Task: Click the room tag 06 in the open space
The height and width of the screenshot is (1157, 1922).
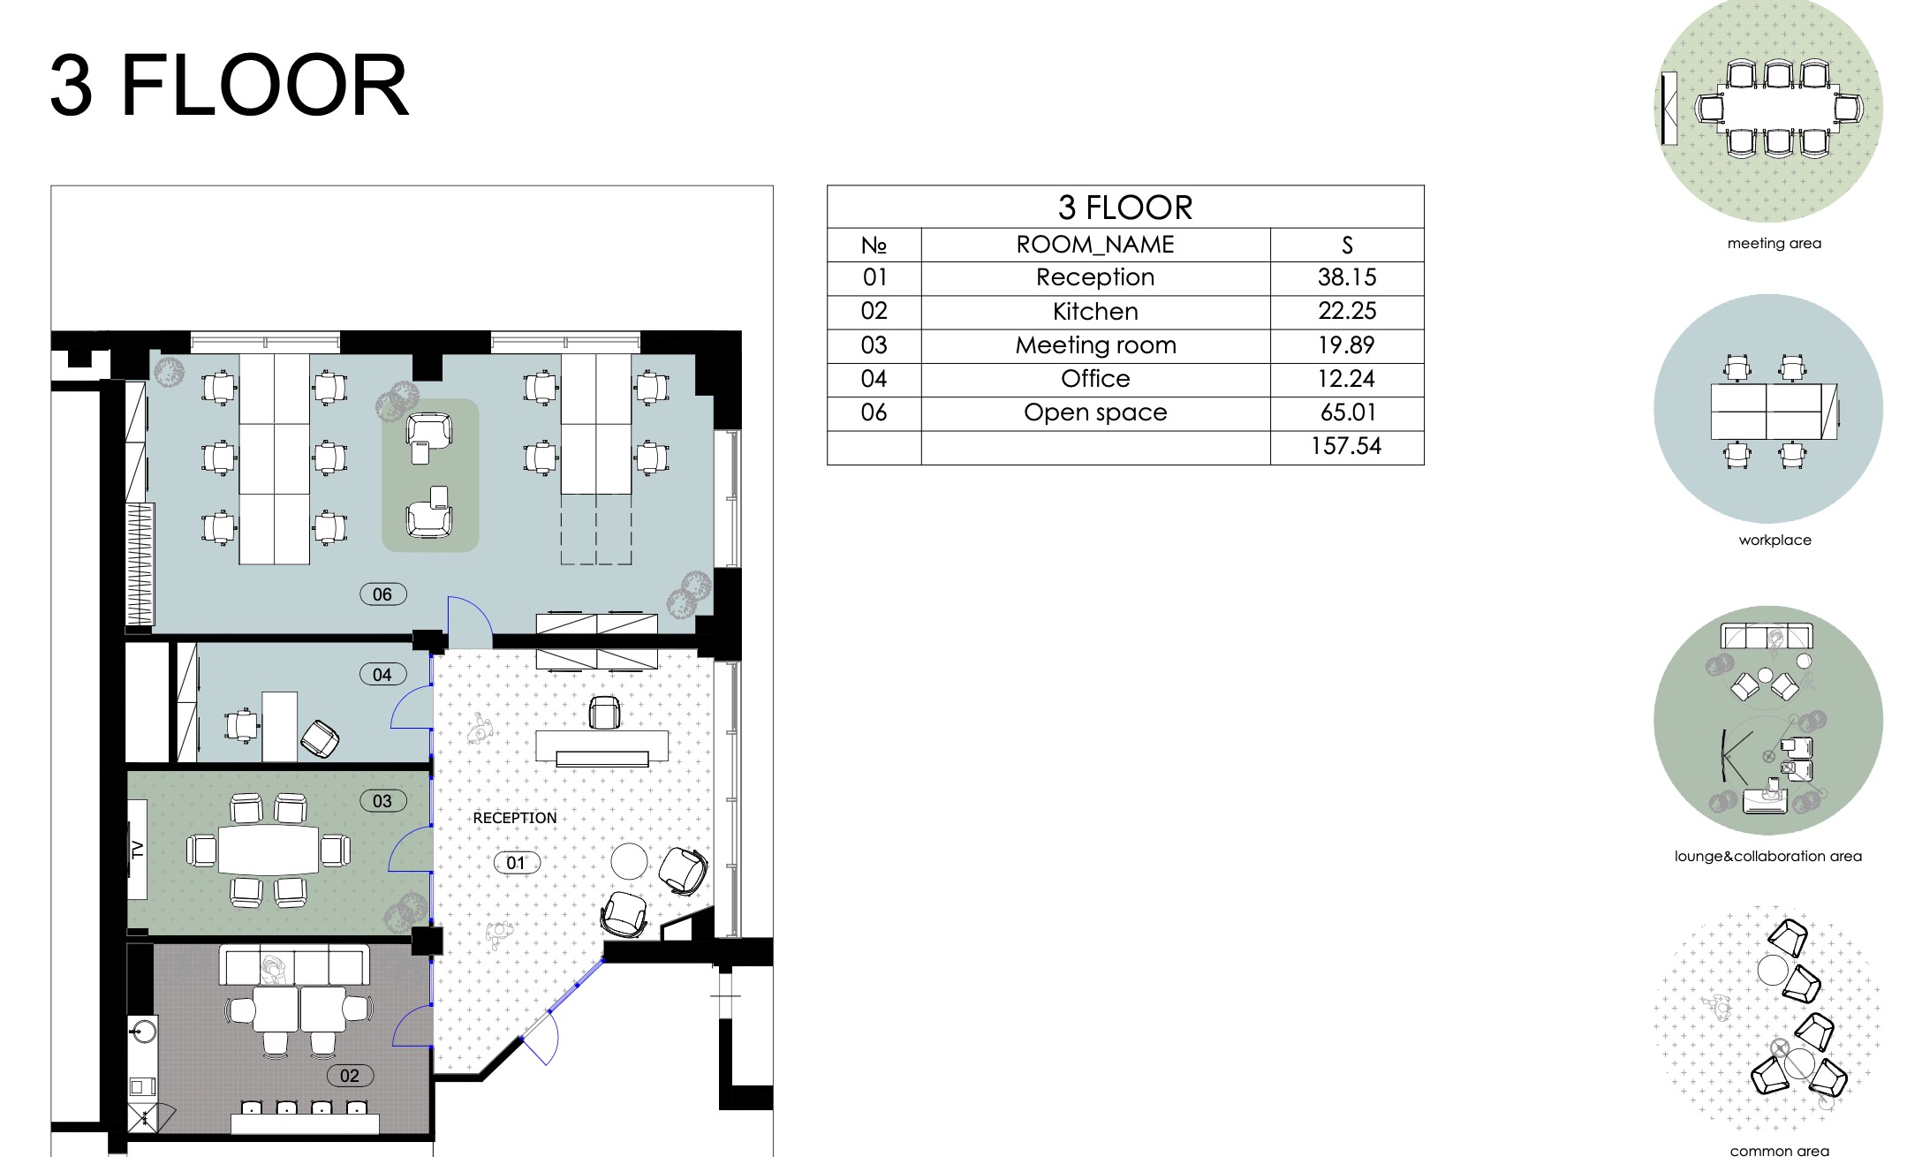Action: (x=383, y=594)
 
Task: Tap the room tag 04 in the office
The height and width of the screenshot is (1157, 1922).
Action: (x=383, y=675)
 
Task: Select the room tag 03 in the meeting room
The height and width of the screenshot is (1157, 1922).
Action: (x=383, y=801)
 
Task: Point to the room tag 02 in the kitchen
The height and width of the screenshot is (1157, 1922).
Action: (x=351, y=1076)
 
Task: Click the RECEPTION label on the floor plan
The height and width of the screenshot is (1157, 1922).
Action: (x=515, y=818)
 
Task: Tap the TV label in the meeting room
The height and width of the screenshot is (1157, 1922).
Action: (x=137, y=850)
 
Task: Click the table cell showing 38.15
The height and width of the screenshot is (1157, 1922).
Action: (x=1347, y=277)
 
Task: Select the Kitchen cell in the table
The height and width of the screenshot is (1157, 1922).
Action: (x=1095, y=312)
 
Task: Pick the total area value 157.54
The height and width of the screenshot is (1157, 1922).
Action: (x=1346, y=446)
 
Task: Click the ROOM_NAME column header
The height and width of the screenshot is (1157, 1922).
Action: (x=1095, y=245)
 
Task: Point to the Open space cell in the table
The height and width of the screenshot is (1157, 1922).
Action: (x=1095, y=412)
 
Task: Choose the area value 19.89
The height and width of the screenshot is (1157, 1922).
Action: (x=1347, y=345)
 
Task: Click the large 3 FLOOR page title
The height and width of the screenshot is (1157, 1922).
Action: (x=230, y=86)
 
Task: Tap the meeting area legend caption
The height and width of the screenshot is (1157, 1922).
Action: (x=1774, y=243)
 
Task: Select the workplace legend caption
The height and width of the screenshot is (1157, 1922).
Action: (x=1774, y=540)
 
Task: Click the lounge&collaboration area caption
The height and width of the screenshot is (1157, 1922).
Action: (x=1768, y=856)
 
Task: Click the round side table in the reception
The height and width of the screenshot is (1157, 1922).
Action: (x=630, y=861)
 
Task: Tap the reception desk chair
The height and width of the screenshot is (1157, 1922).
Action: (x=604, y=713)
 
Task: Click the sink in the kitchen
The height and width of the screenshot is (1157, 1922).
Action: (x=142, y=1031)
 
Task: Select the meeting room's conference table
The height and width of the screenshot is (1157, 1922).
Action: (x=269, y=850)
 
